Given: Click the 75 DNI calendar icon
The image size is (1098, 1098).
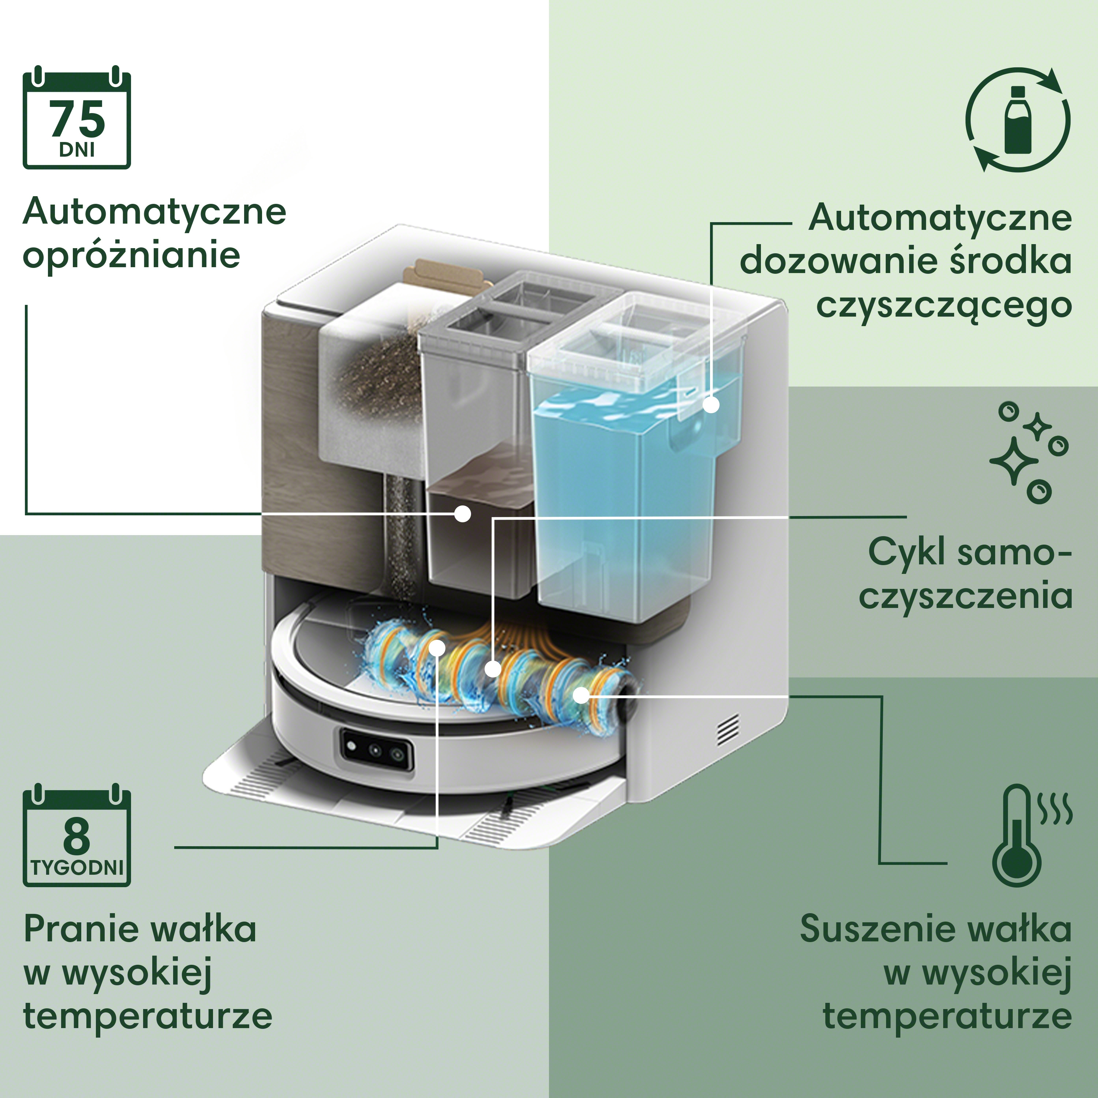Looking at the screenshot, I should tap(77, 120).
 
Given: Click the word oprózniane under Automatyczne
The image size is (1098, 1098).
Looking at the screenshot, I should tap(131, 256).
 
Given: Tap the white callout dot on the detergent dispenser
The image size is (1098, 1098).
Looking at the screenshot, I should tap(711, 405).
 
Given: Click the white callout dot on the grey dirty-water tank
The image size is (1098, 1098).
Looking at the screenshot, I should tap(463, 514).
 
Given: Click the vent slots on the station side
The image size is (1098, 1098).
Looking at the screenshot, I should tap(728, 730).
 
